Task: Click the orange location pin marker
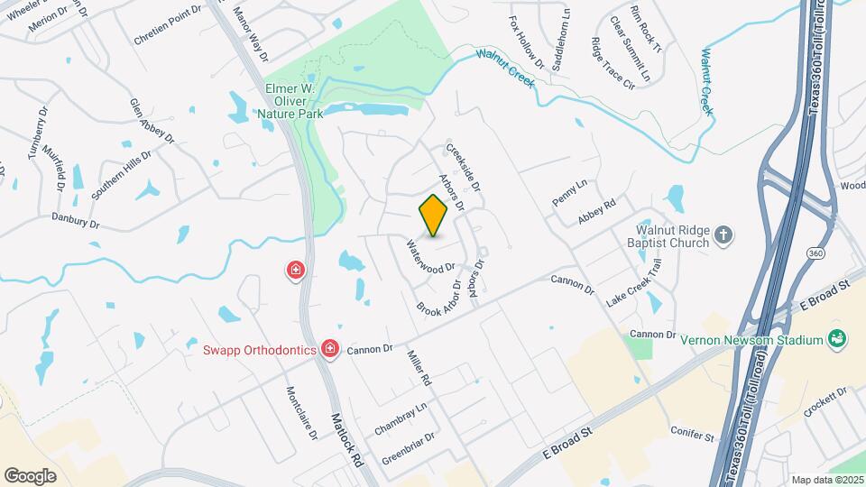[434, 216]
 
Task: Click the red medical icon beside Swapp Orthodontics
[330, 349]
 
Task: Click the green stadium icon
[837, 339]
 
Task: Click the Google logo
[30, 475]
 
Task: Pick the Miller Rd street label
[420, 368]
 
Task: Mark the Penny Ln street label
[569, 191]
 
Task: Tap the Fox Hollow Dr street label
[527, 42]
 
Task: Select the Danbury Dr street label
[74, 219]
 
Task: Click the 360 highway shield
[815, 254]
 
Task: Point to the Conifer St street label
[693, 435]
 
